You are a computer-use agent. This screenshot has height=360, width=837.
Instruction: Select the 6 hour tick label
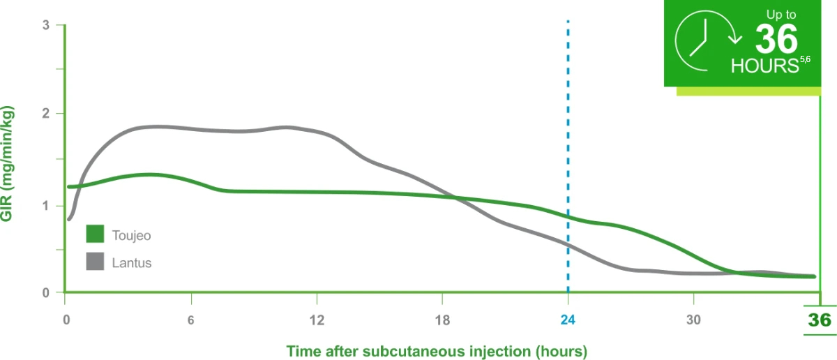pyautogui.click(x=190, y=321)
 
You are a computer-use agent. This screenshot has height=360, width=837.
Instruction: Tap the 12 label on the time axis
pyautogui.click(x=317, y=321)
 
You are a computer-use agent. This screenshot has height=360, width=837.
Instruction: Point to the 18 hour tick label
pyautogui.click(x=442, y=321)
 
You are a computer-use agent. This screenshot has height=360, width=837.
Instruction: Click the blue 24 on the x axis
pyautogui.click(x=568, y=321)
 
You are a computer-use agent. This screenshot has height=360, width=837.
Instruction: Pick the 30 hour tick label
pyautogui.click(x=693, y=321)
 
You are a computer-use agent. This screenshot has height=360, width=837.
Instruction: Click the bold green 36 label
pyautogui.click(x=820, y=321)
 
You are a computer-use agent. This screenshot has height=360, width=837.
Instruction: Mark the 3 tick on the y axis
pyautogui.click(x=46, y=25)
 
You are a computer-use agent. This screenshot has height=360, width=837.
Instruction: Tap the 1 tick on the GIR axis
pyautogui.click(x=46, y=206)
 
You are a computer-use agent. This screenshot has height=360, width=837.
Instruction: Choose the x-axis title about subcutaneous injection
pyautogui.click(x=436, y=350)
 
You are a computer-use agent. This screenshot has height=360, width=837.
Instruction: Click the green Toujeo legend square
pyautogui.click(x=95, y=234)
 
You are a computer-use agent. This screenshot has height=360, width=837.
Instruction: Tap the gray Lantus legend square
pyautogui.click(x=95, y=262)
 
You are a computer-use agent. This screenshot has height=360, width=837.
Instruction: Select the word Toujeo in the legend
pyautogui.click(x=131, y=235)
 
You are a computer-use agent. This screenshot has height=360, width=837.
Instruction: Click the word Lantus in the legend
pyautogui.click(x=131, y=263)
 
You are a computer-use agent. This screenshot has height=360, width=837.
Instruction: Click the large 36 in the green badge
pyautogui.click(x=776, y=40)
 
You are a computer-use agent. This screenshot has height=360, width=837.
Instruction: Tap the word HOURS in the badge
pyautogui.click(x=764, y=66)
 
